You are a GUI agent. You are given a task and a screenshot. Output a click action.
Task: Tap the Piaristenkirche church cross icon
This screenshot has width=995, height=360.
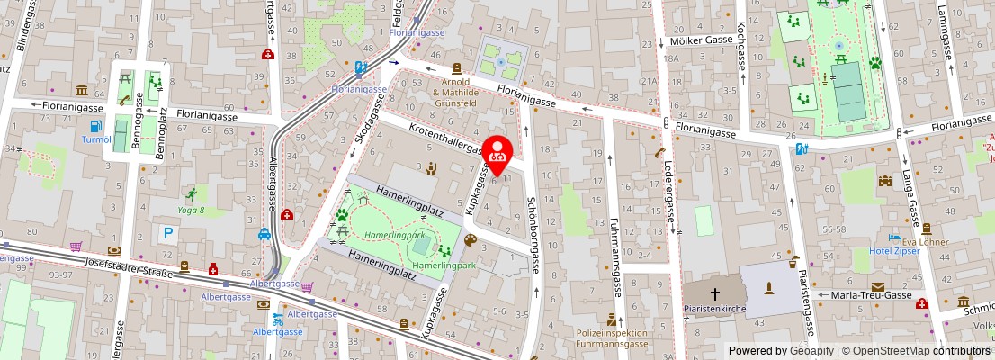pos(716,293)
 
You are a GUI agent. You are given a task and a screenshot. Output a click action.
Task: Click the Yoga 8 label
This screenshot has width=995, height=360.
pos(190,211)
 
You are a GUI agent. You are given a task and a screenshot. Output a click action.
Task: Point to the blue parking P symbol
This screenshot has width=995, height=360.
pos(168,233)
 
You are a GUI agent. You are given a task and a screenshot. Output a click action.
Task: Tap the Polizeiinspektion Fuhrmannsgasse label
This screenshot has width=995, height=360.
pos(612,338)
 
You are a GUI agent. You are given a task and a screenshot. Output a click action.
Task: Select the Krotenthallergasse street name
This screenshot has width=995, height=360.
pos(448,145)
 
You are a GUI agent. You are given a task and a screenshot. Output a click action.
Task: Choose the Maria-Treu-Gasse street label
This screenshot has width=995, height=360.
pos(871,295)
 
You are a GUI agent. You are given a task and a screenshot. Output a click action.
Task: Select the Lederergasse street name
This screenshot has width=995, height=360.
pos(670,187)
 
